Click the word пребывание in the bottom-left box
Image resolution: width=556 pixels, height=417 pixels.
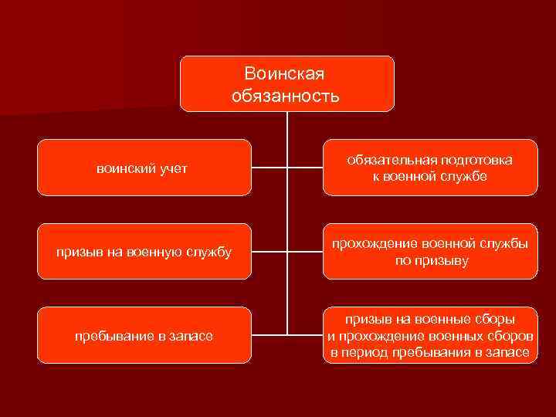click(110, 336)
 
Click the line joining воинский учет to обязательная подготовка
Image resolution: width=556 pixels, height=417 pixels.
click(286, 167)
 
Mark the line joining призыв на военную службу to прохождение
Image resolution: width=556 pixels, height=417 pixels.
click(286, 251)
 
